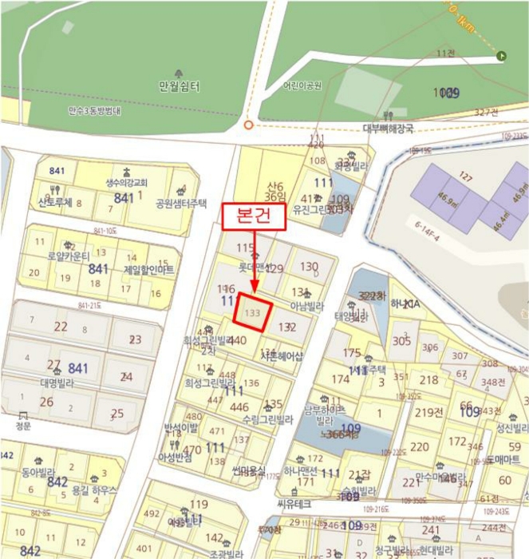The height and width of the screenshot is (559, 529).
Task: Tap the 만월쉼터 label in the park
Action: (179, 86)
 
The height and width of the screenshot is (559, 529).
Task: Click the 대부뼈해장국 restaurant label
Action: (388, 128)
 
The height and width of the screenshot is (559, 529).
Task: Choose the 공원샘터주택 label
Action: (181, 203)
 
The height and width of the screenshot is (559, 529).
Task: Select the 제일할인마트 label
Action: (148, 270)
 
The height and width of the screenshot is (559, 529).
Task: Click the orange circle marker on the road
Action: (248, 125)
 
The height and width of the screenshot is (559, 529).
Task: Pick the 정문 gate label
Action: (22, 426)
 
